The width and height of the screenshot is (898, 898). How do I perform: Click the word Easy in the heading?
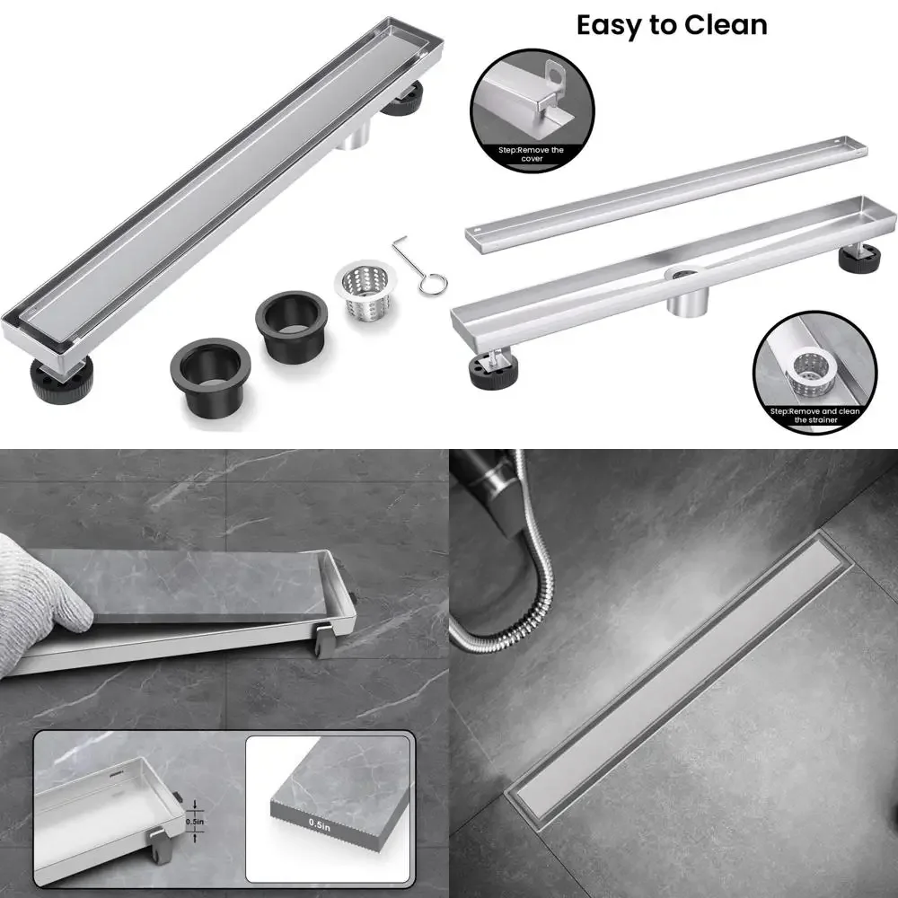coord(613,24)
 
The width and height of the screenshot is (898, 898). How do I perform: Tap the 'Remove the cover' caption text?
coord(532,154)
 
